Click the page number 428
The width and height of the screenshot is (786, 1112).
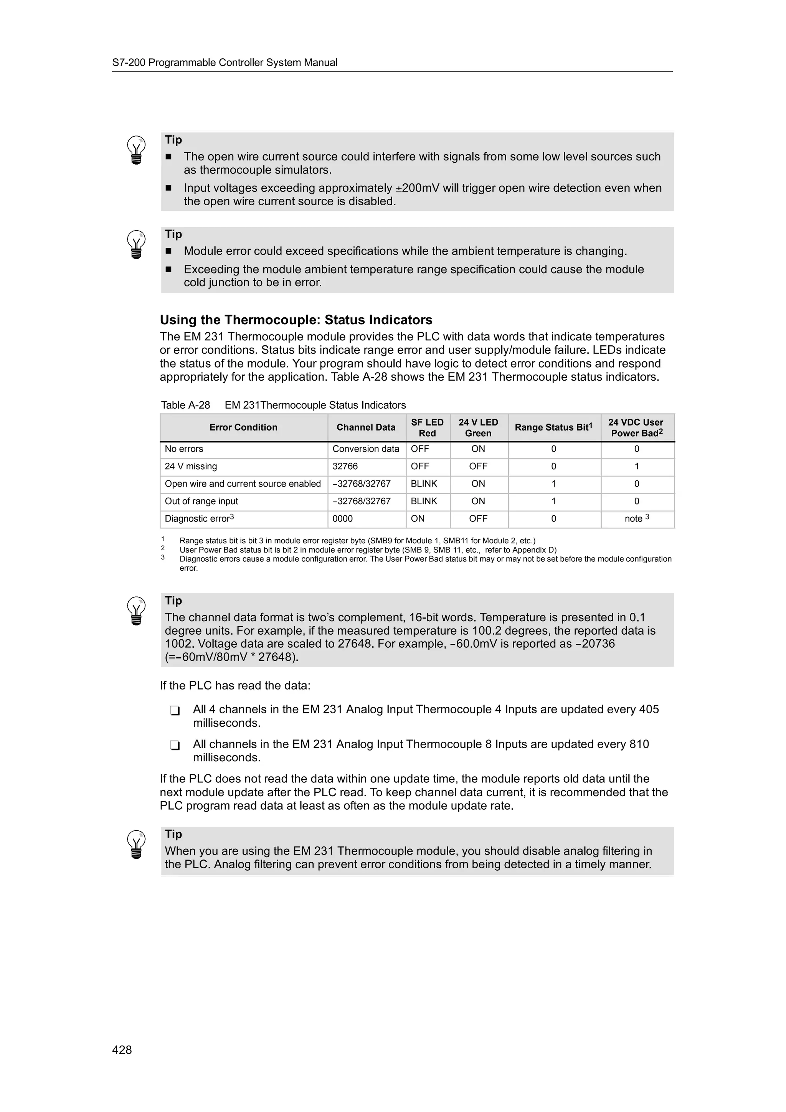[122, 1049]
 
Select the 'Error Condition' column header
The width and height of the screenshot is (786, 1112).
[243, 427]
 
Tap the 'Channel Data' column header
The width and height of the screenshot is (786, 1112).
[366, 427]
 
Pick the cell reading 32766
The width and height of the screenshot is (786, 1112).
[345, 466]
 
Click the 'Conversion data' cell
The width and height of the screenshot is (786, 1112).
[366, 449]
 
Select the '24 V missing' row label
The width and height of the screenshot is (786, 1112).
[191, 466]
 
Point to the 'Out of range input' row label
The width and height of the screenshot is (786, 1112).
[201, 501]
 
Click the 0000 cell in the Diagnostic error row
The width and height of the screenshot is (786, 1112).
[342, 519]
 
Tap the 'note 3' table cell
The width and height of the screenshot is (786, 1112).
[636, 519]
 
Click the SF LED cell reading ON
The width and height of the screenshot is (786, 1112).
[418, 519]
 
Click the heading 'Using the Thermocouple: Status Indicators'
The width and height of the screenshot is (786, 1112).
[296, 320]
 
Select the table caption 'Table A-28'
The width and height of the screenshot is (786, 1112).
[185, 405]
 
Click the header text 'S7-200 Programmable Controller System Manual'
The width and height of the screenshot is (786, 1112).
[225, 63]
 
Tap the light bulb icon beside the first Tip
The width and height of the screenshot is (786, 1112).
[136, 150]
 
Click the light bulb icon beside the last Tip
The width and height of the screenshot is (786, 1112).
[136, 844]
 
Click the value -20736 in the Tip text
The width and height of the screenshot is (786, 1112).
[595, 643]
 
